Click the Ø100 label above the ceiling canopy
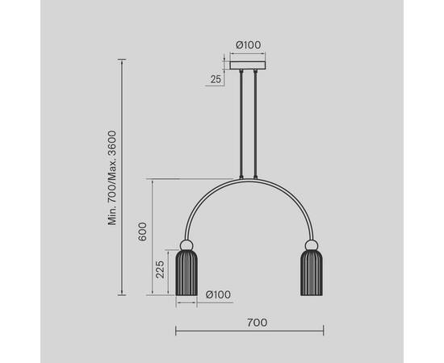pyautogui.click(x=249, y=45)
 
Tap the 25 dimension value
pyautogui.click(x=216, y=79)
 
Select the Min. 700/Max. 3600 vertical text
pyautogui.click(x=112, y=177)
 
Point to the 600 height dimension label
pyautogui.click(x=142, y=232)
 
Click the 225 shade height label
pyautogui.click(x=160, y=269)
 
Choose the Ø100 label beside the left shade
pyautogui.click(x=218, y=294)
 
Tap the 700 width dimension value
pyautogui.click(x=257, y=323)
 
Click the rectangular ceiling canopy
pyautogui.click(x=248, y=65)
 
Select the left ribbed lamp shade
pyautogui.click(x=186, y=273)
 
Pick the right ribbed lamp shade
pyautogui.click(x=312, y=273)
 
